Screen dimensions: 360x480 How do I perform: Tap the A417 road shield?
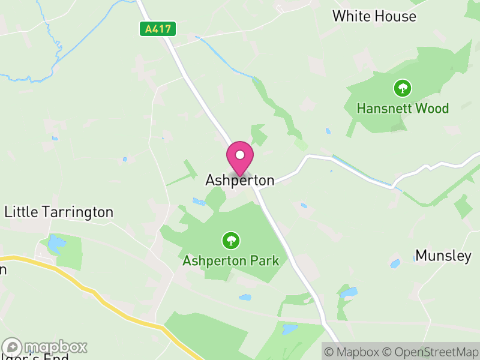(158, 28)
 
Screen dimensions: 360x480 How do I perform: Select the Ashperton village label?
(240, 180)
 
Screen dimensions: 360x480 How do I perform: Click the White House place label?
(374, 16)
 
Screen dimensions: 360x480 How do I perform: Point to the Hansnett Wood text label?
(403, 109)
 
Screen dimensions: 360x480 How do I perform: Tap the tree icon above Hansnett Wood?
(402, 89)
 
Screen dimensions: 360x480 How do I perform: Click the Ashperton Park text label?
(231, 261)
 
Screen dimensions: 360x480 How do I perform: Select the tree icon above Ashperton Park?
(230, 241)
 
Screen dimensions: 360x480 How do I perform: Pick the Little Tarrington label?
(59, 212)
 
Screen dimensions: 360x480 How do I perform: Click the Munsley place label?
(443, 256)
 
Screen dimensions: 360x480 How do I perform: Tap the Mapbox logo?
(46, 347)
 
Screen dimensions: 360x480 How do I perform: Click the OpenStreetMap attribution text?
(430, 352)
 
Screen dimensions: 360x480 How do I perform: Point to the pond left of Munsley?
(395, 263)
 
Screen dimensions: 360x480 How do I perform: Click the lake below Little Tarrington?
(56, 244)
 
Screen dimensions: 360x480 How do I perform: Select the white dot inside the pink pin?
(240, 155)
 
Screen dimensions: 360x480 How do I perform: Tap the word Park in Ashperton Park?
(265, 261)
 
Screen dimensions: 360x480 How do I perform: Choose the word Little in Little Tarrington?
(20, 212)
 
